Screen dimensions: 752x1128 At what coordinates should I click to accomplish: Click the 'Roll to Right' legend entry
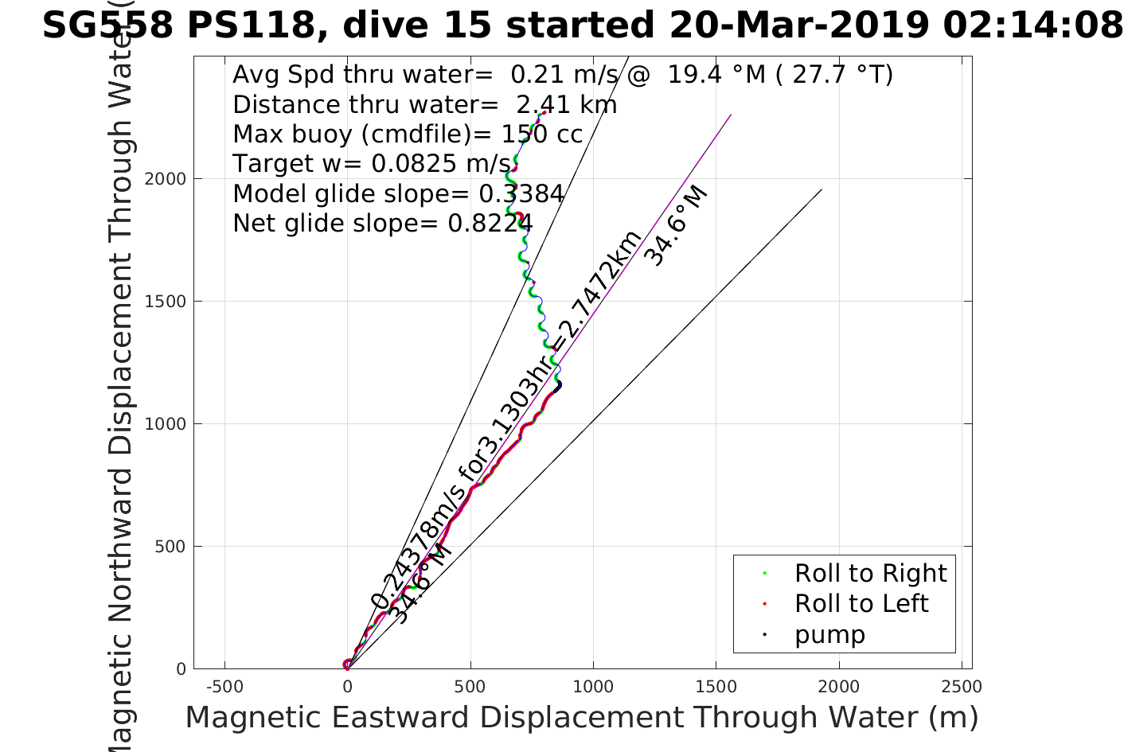[870, 573]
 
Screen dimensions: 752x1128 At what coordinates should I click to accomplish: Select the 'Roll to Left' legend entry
[861, 603]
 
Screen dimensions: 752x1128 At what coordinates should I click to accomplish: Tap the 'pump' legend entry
[829, 634]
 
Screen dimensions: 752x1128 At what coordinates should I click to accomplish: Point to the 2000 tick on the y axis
[165, 178]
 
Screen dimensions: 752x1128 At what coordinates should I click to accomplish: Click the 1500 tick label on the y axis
[165, 301]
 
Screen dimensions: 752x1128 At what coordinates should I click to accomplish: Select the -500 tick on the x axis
[224, 686]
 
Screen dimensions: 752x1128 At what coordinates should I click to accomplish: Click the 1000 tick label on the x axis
[593, 686]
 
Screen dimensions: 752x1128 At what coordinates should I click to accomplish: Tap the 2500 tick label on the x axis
[962, 686]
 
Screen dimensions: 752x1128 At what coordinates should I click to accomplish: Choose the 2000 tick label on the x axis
[839, 686]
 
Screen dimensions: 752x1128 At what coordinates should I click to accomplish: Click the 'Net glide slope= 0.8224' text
[383, 224]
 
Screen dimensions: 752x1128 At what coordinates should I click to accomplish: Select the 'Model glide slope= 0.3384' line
[398, 193]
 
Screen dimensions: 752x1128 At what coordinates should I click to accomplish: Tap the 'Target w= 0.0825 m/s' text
[373, 164]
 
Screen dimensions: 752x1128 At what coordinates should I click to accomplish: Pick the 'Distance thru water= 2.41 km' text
[424, 104]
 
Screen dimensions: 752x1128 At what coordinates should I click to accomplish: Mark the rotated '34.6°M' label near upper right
[675, 226]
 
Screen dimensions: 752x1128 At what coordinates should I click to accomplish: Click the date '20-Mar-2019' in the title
[798, 25]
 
